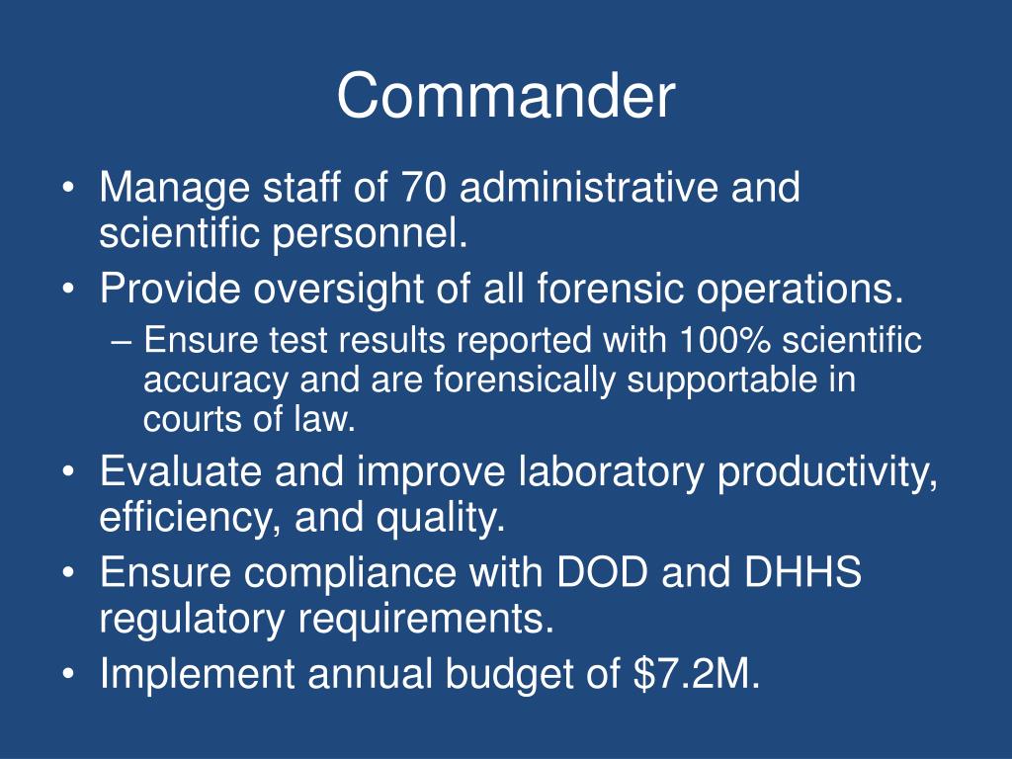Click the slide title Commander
pos(505,97)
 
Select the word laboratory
pos(611,472)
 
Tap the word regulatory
pos(192,621)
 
